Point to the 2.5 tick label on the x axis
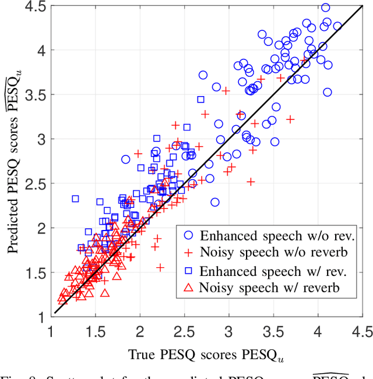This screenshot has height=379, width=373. [x=185, y=331]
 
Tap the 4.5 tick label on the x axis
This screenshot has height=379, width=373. [x=362, y=331]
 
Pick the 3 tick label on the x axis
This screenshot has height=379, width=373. [x=229, y=331]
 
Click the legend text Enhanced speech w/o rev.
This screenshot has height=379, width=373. [x=277, y=236]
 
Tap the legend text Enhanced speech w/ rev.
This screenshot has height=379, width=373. [x=273, y=271]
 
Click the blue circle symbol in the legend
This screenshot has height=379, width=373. [x=187, y=236]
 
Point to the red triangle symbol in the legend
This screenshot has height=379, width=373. [x=187, y=287]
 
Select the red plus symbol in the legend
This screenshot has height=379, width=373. [x=187, y=253]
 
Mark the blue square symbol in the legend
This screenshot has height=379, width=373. [x=187, y=271]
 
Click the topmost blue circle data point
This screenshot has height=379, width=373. [x=325, y=8]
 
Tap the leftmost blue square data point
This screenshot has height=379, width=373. [x=75, y=199]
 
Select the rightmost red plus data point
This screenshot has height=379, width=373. [x=290, y=119]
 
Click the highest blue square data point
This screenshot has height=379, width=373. [x=200, y=100]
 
